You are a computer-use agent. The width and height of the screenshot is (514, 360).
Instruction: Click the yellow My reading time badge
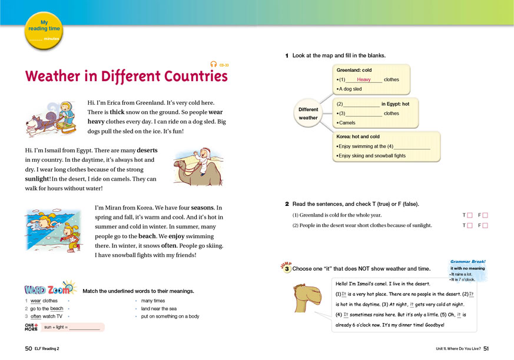tap(44, 29)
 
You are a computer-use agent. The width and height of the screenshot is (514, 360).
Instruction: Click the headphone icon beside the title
tap(213, 65)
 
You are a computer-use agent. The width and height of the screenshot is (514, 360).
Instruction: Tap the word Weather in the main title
tap(59, 76)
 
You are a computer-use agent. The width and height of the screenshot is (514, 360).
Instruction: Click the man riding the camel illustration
tap(197, 165)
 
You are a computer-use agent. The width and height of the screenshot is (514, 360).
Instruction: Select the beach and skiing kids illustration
tap(56, 231)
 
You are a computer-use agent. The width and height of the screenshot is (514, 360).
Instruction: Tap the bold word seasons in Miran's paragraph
tap(203, 208)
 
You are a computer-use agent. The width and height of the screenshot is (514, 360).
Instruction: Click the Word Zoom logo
tap(51, 289)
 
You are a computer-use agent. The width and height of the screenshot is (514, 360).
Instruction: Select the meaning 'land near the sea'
tap(158, 308)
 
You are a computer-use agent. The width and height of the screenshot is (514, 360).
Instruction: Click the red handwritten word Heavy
tap(364, 79)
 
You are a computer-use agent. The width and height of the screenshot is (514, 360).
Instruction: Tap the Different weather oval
tap(308, 114)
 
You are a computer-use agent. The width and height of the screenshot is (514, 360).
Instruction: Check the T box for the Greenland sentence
tap(469, 215)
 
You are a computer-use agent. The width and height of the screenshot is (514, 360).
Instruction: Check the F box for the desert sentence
tap(486, 225)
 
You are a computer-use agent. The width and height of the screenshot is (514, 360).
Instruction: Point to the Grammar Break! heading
tap(467, 261)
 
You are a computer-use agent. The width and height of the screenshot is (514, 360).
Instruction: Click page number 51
tap(486, 349)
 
